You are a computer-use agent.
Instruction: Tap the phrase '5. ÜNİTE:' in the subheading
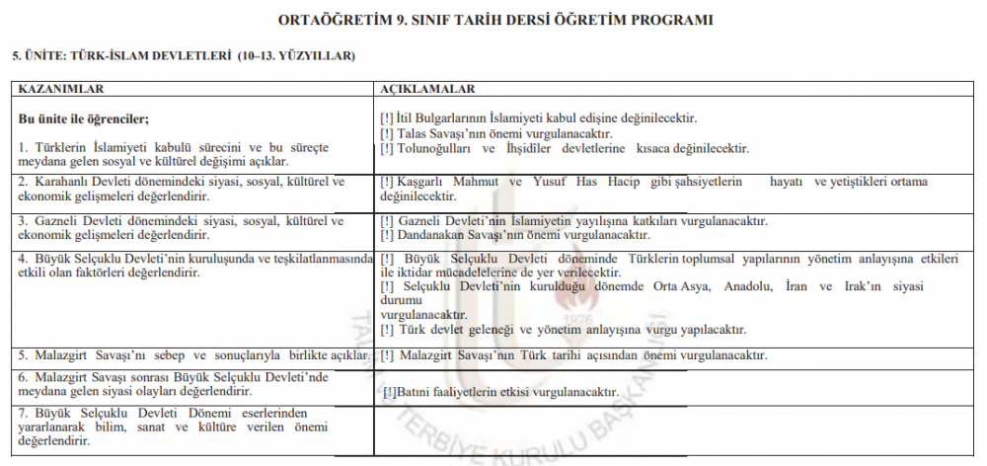tap(36, 56)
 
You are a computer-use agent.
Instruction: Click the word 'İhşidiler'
tap(535, 148)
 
